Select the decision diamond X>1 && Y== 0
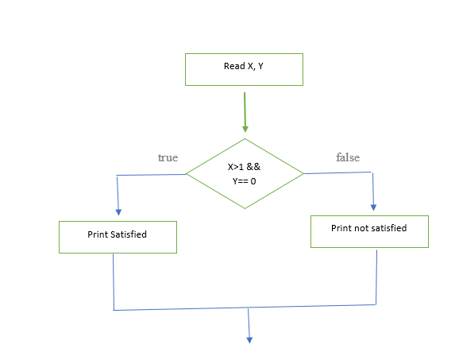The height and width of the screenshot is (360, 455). pos(244,172)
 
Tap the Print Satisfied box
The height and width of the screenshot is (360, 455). pos(118,236)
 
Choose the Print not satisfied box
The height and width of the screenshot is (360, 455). pos(369,230)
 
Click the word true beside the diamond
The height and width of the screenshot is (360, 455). pos(168,158)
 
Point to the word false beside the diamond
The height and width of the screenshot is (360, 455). pos(348,158)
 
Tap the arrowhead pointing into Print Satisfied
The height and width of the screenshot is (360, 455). pos(118,211)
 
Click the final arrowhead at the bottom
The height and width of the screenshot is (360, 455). pos(249,339)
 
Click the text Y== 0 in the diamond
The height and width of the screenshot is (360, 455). pos(244,181)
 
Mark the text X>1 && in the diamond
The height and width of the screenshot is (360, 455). pos(244,167)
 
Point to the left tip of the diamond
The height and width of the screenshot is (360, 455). pos(186,174)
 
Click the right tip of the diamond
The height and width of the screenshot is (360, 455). pos(303,172)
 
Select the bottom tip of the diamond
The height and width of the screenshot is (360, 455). pos(245,208)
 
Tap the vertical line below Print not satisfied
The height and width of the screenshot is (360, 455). pos(375,275)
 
